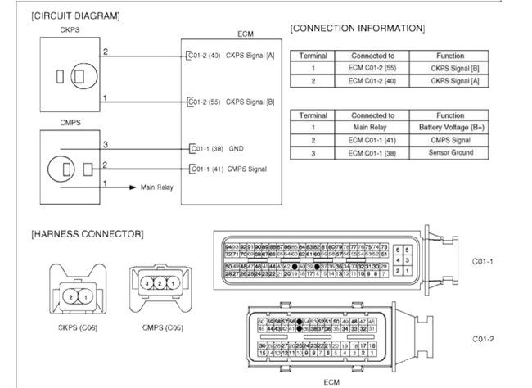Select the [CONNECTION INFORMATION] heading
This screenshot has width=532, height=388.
[357, 29]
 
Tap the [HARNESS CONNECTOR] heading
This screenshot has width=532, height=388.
[88, 234]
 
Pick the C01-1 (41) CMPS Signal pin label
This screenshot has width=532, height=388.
[228, 169]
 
